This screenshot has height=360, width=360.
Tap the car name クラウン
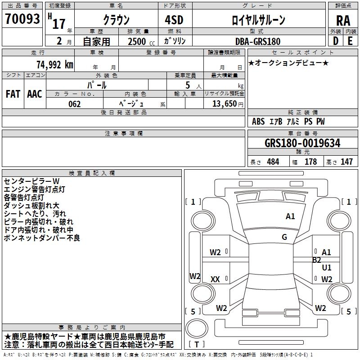click(x=116, y=20)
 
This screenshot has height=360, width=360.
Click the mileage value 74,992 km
click(x=54, y=64)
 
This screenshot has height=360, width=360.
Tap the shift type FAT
click(x=13, y=94)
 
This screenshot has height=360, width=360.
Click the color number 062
click(x=75, y=104)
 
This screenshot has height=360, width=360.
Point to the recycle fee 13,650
click(x=225, y=104)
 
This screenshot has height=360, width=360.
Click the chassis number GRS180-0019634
click(x=302, y=143)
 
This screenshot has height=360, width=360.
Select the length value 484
click(x=273, y=162)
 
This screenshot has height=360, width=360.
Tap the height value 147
click(x=346, y=162)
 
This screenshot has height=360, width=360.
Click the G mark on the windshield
click(x=284, y=237)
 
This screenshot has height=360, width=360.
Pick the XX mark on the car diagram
click(x=215, y=279)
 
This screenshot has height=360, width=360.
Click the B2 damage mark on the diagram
click(x=316, y=260)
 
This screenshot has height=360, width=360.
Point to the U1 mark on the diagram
click(x=327, y=268)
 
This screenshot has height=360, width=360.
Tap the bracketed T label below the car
click(x=196, y=345)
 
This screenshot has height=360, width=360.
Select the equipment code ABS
click(x=258, y=121)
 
